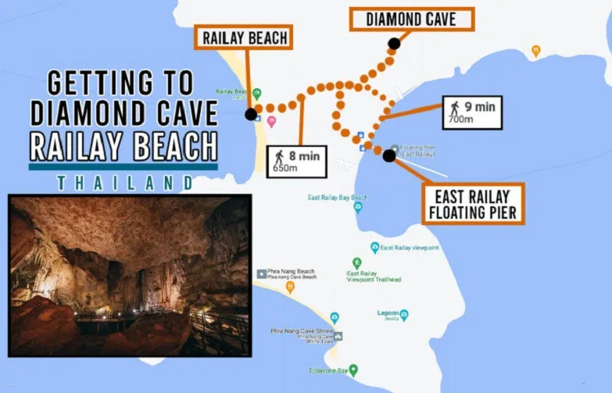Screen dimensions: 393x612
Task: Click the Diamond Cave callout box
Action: tap(411, 20)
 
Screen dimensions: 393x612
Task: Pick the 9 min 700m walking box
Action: tap(471, 113)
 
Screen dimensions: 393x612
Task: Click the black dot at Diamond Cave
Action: tap(394, 44)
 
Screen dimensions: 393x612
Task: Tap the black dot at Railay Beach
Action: tap(250, 114)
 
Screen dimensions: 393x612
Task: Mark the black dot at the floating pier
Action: tap(389, 155)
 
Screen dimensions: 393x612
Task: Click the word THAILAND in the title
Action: tap(125, 182)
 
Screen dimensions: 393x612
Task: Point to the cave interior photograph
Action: tap(129, 275)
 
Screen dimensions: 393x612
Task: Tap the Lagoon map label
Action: tap(388, 313)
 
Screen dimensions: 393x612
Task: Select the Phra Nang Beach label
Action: tap(292, 274)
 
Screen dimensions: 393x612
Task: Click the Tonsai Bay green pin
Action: tap(353, 370)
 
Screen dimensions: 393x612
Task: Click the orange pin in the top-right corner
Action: tap(535, 51)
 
